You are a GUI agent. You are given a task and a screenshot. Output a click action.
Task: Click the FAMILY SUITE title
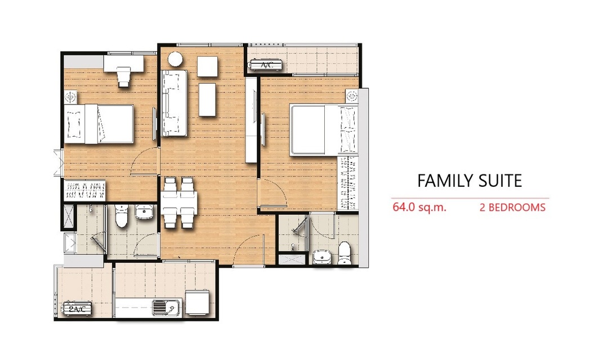[470, 181]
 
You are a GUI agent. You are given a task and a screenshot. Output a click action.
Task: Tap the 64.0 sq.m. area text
[419, 207]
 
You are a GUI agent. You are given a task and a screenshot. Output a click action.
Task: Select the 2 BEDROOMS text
[512, 208]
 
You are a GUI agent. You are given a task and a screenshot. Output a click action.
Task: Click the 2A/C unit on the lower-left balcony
[78, 309]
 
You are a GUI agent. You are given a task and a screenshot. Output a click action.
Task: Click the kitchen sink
[167, 308]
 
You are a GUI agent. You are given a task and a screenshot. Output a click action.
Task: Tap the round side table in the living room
[175, 59]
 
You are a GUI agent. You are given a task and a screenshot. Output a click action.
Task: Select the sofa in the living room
[174, 103]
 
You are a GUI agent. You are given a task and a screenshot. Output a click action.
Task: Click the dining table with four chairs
[179, 202]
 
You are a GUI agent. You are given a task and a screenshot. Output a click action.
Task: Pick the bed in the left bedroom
[99, 124]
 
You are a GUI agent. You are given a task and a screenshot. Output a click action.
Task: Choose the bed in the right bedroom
[324, 130]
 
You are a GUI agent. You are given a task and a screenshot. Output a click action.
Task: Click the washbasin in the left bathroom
[145, 212]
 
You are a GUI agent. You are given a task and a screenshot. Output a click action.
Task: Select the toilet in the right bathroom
[345, 253]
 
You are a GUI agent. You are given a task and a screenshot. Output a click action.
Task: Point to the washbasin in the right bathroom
[321, 257]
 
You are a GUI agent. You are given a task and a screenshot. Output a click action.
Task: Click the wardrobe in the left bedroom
[84, 190]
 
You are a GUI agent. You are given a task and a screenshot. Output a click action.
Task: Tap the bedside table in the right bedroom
[352, 95]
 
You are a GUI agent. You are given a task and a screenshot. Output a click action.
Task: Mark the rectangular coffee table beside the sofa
[207, 100]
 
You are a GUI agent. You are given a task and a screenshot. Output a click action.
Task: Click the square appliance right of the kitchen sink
[199, 303]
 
